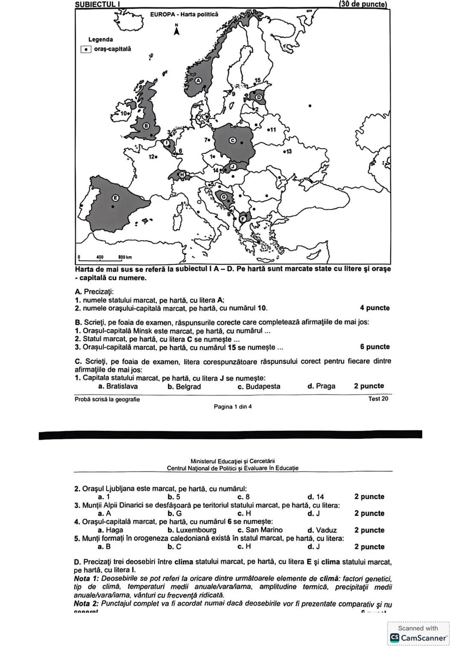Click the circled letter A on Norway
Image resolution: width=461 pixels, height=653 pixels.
198,80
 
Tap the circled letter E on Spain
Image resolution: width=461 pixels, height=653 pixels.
115,197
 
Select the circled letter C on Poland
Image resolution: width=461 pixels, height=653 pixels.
233,140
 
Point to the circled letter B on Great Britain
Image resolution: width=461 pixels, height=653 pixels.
146,126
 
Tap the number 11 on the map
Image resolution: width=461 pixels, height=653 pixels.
271,129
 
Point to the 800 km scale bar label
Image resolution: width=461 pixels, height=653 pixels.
125,257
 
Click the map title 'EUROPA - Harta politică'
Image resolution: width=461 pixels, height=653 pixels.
184,14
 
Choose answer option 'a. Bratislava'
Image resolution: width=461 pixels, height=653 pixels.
118,386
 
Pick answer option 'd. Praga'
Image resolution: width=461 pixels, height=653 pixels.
321,386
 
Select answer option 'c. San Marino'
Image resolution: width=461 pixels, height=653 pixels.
260,530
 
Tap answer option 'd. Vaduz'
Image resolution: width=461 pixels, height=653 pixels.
322,530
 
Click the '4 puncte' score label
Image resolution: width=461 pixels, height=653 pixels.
374,308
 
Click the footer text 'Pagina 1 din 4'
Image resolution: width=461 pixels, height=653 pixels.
233,406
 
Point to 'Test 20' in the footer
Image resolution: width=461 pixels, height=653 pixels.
378,399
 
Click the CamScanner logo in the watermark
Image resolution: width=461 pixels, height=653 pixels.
395,638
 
